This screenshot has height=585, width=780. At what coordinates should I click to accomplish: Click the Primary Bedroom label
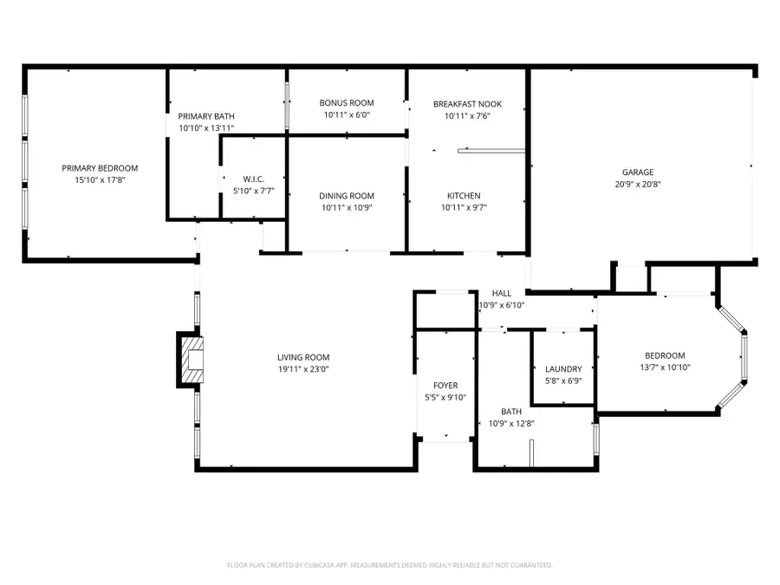[x=100, y=168]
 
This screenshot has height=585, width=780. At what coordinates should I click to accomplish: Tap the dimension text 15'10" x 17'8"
[x=100, y=180]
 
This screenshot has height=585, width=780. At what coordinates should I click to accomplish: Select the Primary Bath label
[x=205, y=116]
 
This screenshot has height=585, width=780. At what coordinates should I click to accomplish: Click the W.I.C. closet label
[x=241, y=179]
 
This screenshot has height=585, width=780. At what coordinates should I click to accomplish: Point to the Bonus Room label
[x=346, y=103]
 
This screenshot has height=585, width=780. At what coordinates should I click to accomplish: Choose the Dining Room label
[x=347, y=196]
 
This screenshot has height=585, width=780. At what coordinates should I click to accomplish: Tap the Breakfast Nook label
[x=467, y=104]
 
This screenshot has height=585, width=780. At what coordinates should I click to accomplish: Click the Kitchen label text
[x=464, y=196]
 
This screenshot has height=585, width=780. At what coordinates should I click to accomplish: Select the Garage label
[x=637, y=172]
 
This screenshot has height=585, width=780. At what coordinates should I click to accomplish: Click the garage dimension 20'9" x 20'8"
[x=637, y=184]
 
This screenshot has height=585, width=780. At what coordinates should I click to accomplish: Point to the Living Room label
[x=303, y=357]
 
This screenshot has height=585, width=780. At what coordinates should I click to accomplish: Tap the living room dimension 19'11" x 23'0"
[x=303, y=369]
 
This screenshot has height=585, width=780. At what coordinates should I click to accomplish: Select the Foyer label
[x=445, y=385]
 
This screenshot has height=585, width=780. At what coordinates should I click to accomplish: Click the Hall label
[x=501, y=293]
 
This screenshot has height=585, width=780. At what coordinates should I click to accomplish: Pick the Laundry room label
[x=563, y=369]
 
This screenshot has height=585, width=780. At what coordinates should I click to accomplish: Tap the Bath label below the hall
[x=511, y=412]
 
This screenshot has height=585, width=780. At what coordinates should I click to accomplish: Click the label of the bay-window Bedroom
[x=665, y=355]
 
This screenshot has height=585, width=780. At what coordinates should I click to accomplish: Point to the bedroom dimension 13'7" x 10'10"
[x=665, y=367]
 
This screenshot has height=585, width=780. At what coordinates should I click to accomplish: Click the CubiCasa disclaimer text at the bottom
[x=389, y=565]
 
